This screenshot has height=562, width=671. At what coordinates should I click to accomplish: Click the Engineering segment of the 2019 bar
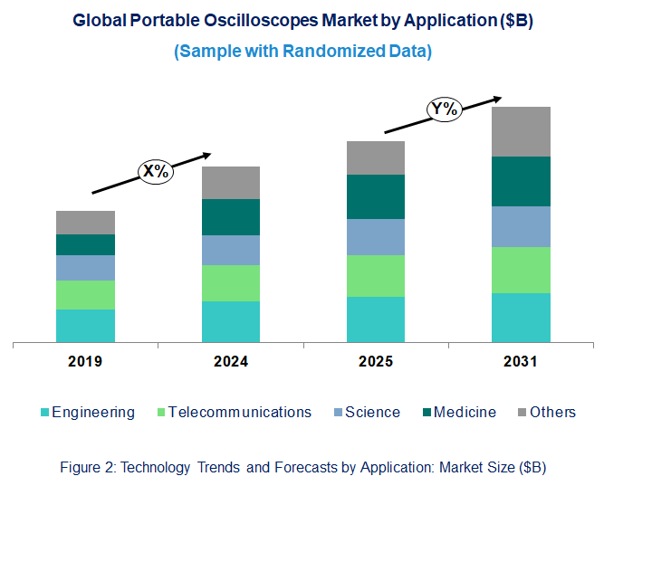(x=85, y=326)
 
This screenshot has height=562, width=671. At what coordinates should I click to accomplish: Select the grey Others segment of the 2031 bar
(x=521, y=131)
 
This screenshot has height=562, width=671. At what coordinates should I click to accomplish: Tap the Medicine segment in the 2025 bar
(x=376, y=196)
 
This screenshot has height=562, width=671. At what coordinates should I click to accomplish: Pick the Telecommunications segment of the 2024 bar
(x=230, y=282)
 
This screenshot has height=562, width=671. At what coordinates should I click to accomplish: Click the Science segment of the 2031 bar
(x=521, y=226)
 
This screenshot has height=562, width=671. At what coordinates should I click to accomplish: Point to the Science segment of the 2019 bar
(x=85, y=267)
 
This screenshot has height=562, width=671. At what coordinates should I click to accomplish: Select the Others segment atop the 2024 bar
(x=230, y=182)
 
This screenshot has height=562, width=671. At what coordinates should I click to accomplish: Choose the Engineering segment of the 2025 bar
(x=376, y=319)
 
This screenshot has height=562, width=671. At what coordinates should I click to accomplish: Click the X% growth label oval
(x=154, y=171)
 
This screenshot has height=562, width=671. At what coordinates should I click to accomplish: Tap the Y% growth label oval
(x=445, y=110)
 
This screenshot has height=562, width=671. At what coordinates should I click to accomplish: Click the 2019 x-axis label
(x=85, y=362)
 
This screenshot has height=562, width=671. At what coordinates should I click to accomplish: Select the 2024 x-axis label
(x=230, y=362)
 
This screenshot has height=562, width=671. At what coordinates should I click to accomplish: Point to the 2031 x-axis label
(x=521, y=362)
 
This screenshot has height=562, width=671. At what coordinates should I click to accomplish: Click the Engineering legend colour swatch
(x=45, y=413)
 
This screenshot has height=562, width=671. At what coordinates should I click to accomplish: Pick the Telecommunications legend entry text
(x=240, y=412)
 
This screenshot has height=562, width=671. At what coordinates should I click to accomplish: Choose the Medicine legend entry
(x=465, y=412)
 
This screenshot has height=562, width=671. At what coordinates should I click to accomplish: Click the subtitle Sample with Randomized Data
(x=302, y=51)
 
